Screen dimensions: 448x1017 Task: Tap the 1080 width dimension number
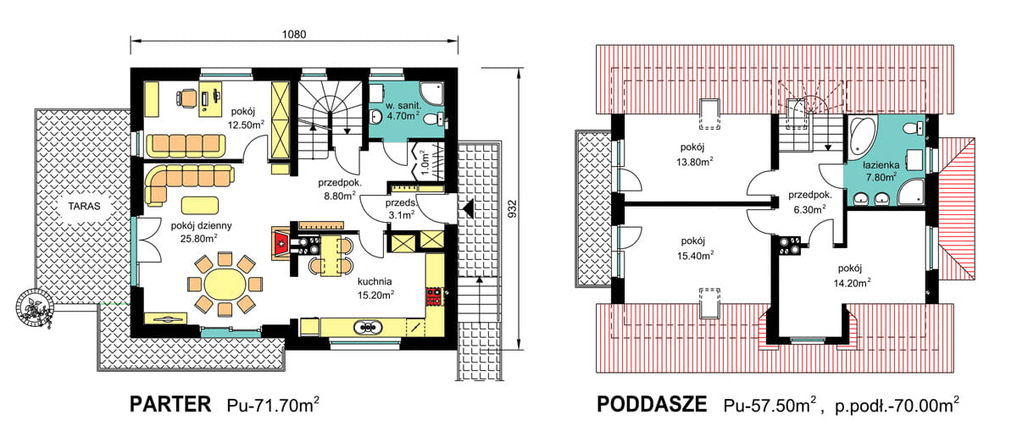[293, 35]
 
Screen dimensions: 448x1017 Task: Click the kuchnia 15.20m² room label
[376, 289]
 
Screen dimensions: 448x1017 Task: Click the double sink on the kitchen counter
[370, 326]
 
